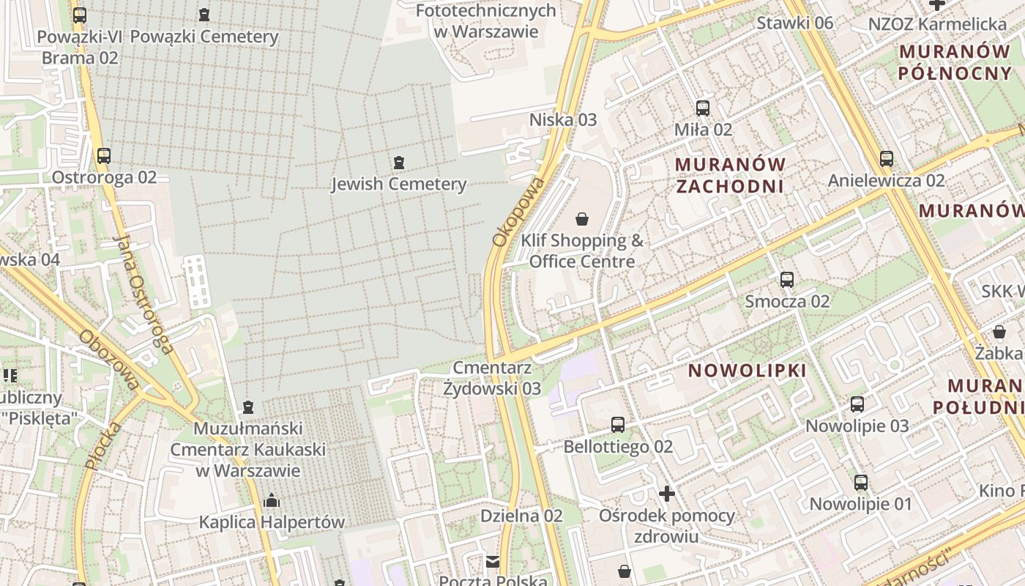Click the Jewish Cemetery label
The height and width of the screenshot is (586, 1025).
pos(399,184)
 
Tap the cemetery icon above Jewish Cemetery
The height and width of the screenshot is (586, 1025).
pos(399,162)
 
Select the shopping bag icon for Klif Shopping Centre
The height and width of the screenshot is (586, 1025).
pos(582,218)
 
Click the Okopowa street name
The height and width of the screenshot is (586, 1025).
pos(518,211)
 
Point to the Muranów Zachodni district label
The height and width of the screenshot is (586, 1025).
pos(730,175)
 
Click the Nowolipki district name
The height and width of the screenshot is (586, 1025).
pos(748,371)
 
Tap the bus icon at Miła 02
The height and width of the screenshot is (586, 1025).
pos(703,108)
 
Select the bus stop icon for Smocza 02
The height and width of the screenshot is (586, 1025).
pos(787,280)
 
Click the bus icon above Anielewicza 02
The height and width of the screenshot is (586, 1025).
pos(887,158)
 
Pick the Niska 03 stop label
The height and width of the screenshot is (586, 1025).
pos(563,119)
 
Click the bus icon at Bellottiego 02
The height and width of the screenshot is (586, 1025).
pos(618,425)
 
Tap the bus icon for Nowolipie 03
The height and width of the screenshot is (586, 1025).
pos(857,404)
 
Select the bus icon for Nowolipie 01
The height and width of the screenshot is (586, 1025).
pos(861,483)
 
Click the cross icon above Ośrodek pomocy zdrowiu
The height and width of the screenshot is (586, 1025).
pos(666,494)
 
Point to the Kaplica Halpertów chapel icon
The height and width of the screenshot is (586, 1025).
pos(272,501)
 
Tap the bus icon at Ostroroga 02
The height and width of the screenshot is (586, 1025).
pos(104,155)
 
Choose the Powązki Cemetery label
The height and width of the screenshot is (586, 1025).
pos(204,37)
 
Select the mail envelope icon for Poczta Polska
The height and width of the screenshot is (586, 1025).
pos(493,562)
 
